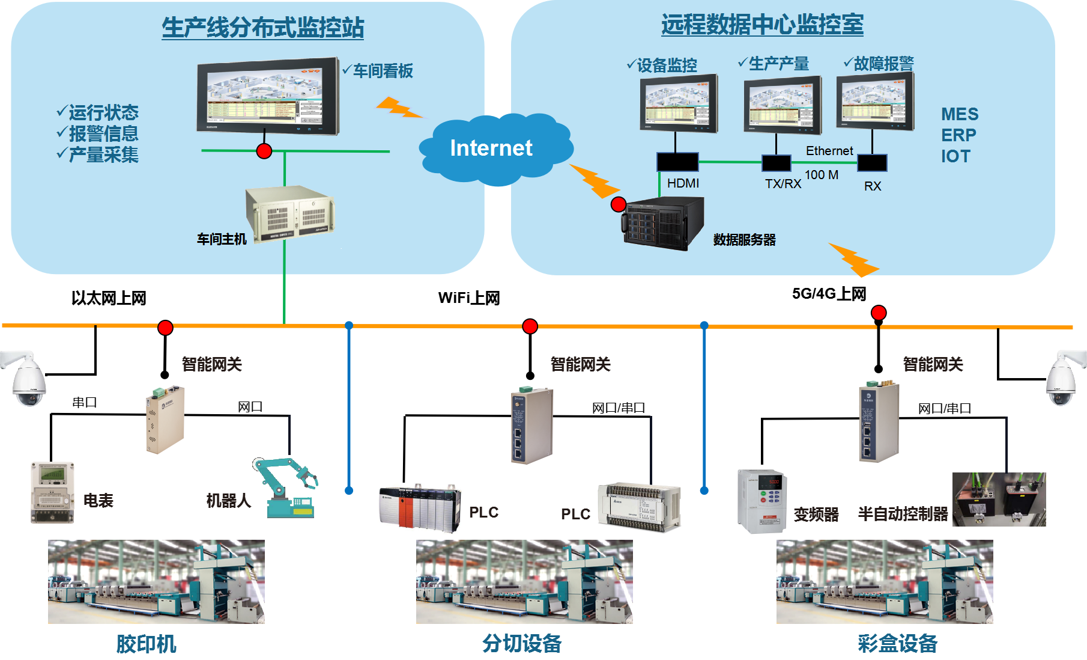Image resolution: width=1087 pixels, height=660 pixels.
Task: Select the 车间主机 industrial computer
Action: coord(290,213)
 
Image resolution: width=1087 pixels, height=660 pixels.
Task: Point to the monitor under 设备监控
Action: coord(679,103)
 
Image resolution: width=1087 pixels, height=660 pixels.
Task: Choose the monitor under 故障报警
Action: coord(875,101)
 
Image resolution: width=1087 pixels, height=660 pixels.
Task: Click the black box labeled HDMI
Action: coord(677,162)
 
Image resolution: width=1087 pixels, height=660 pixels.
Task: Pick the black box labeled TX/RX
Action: coord(776,163)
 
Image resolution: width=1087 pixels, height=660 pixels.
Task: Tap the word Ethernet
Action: coord(829,151)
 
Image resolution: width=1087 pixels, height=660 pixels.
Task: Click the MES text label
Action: coord(959,114)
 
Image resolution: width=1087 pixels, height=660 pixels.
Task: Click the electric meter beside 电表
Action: coord(53,492)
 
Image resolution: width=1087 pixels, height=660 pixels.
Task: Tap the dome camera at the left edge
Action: coord(26,379)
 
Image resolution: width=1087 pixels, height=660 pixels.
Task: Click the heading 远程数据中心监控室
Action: coord(762,25)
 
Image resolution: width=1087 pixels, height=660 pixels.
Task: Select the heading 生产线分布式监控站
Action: coord(262,28)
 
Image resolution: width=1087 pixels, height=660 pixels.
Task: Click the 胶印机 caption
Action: coord(146,644)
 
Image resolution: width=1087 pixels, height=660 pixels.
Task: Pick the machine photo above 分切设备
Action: coord(524,582)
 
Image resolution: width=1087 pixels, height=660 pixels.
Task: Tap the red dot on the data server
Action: coord(619,204)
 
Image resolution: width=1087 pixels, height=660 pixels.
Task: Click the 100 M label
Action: coord(821,175)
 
